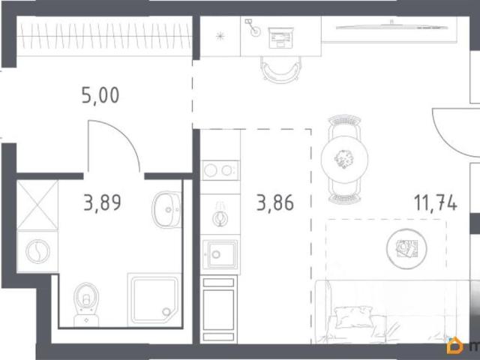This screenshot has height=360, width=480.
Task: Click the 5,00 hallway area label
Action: pos(100,95)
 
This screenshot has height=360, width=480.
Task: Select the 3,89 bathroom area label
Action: pos(103,202)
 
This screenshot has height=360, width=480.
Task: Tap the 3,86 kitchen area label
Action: pos(275,202)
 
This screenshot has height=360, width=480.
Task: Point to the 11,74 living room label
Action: pos(436,202)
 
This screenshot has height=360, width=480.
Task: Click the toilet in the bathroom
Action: pos(86,304)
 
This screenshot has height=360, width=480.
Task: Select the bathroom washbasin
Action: pos(166,210)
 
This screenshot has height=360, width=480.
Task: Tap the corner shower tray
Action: pos(154,300)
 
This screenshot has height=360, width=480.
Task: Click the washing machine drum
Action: pos(37,251)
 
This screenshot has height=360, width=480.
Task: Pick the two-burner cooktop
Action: pos(220,170)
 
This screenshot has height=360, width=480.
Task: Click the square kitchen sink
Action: pos(220,254)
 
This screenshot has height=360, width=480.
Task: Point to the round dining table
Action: pos(344,160)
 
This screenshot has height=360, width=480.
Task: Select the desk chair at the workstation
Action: pos(280,70)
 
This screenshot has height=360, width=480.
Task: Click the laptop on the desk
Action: pos(281,38)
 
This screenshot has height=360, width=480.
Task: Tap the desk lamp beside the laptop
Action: pos(253,28)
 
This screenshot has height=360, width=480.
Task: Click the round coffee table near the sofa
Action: pos(406,249)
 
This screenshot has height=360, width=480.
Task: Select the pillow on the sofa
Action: pos(353,317)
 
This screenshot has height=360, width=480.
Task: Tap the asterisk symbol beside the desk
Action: pos(220,37)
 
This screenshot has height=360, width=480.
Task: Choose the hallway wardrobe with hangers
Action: pos(104,36)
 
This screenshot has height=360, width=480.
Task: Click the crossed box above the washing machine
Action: pos(37,205)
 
